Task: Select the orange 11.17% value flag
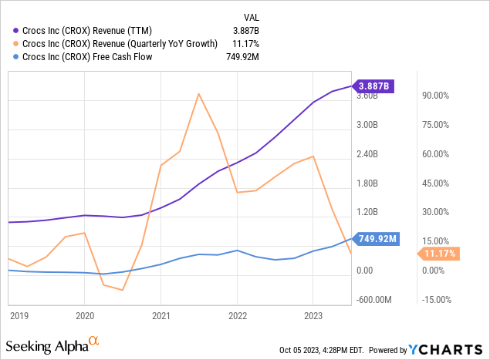440,254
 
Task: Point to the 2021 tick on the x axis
161,315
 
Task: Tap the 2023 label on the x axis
313,315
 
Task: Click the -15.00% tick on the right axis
432,300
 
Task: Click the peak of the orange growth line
199,94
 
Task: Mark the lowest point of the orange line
123,290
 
